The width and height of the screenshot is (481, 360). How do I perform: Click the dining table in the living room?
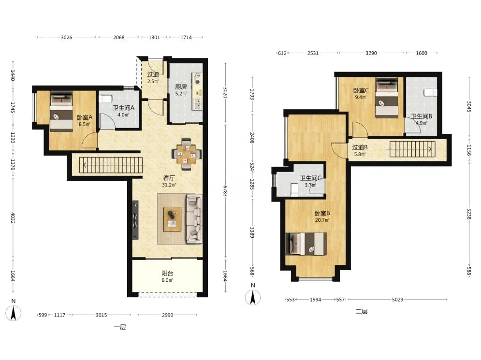tap(187, 154)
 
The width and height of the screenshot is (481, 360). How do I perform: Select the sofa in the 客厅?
tap(194, 219)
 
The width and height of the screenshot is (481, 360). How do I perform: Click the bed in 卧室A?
tap(61, 112)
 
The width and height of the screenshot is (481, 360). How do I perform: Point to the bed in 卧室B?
tap(306, 244)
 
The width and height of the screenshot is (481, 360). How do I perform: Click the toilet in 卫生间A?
tap(106, 99)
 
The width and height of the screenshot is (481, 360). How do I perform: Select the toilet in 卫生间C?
tap(294, 190)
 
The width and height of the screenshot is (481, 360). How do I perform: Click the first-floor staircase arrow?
tap(113, 167)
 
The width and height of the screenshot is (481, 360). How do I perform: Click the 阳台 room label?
tap(167, 273)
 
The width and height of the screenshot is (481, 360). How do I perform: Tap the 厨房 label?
tap(181, 87)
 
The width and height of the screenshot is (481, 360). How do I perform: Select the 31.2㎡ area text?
tap(169, 185)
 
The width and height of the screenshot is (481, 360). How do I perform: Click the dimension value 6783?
tap(225, 190)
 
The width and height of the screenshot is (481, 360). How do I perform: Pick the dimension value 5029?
tap(397, 299)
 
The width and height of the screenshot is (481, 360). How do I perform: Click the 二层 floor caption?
tap(362, 311)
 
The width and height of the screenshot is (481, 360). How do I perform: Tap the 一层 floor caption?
tap(119, 327)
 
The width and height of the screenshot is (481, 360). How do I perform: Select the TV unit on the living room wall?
tap(135, 220)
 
